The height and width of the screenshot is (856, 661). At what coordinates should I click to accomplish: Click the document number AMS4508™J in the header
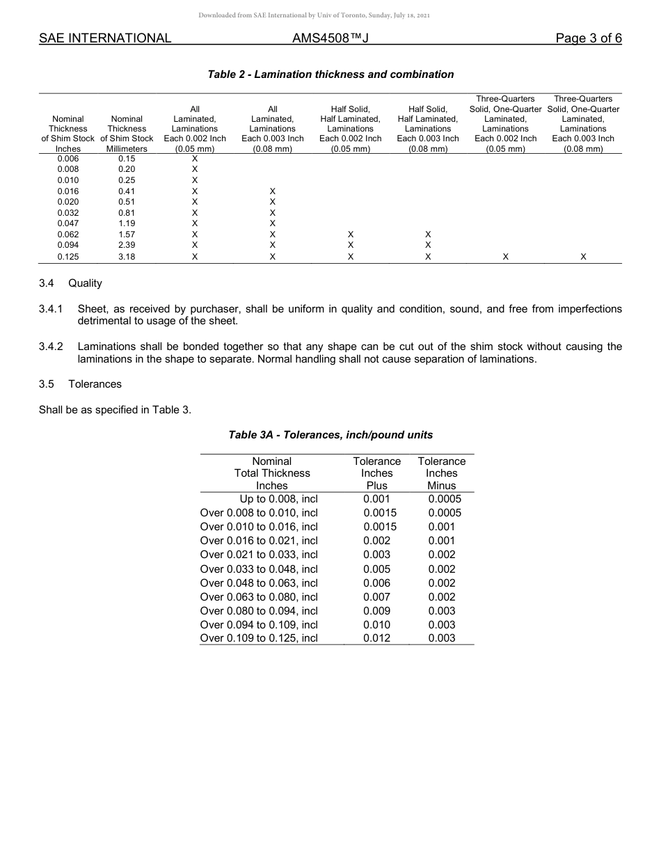point(330,38)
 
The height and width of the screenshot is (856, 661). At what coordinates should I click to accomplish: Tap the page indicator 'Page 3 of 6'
point(589,38)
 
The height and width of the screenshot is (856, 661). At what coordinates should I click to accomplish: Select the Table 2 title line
point(330,74)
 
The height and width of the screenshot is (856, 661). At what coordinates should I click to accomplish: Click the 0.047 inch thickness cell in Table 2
point(67,223)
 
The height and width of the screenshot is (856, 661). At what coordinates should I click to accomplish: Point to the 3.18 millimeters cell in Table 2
point(127,257)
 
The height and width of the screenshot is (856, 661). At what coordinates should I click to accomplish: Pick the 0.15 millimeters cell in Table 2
point(127,159)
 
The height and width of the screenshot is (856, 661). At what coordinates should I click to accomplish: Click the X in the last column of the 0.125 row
point(583,257)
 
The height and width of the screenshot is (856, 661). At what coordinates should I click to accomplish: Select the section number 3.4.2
point(51,347)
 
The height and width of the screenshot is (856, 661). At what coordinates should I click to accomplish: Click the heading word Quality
point(85,283)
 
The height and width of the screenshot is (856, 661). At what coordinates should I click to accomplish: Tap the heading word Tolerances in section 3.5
point(95,384)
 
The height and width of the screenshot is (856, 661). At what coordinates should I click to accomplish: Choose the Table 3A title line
point(330,435)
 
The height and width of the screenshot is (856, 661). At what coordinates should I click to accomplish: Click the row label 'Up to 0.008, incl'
point(278,499)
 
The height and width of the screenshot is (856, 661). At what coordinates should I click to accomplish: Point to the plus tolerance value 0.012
point(376,638)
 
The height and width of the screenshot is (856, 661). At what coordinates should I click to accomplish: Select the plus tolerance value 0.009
point(376,610)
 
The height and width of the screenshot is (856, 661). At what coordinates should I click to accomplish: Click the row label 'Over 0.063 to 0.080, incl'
point(259,596)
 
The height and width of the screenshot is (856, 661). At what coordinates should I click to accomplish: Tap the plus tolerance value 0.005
point(376,569)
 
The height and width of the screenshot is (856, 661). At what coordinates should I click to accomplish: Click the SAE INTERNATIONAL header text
point(105,38)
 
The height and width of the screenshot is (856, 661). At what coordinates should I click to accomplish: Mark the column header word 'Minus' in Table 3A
point(441,486)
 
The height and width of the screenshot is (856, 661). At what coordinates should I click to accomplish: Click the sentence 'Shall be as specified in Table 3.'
point(115,410)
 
